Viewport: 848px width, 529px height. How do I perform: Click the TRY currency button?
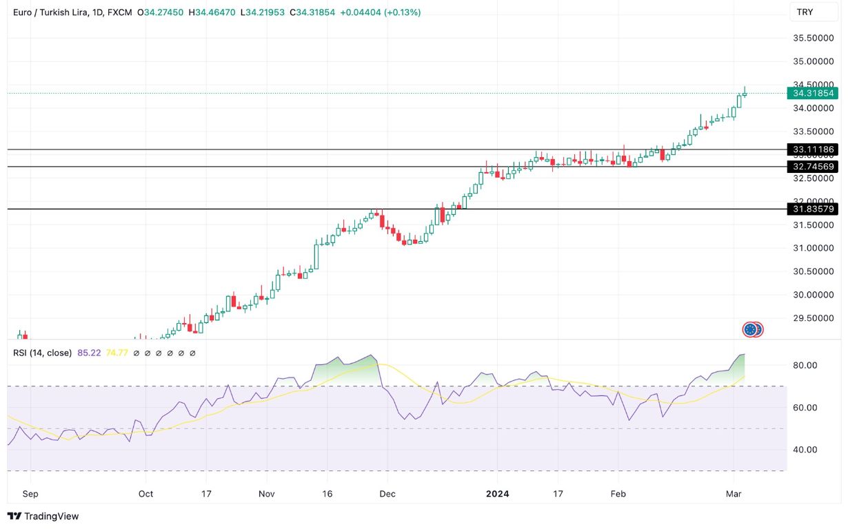click(805, 12)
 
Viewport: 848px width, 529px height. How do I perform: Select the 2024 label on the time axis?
click(498, 494)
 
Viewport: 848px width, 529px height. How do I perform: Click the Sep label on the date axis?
click(30, 494)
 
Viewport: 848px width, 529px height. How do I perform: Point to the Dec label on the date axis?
click(387, 494)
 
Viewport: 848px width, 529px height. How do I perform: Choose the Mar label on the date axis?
click(732, 494)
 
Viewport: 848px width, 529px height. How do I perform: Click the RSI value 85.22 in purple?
click(89, 353)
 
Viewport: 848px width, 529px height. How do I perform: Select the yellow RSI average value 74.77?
click(119, 353)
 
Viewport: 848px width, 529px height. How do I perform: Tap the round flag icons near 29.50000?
click(752, 329)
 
